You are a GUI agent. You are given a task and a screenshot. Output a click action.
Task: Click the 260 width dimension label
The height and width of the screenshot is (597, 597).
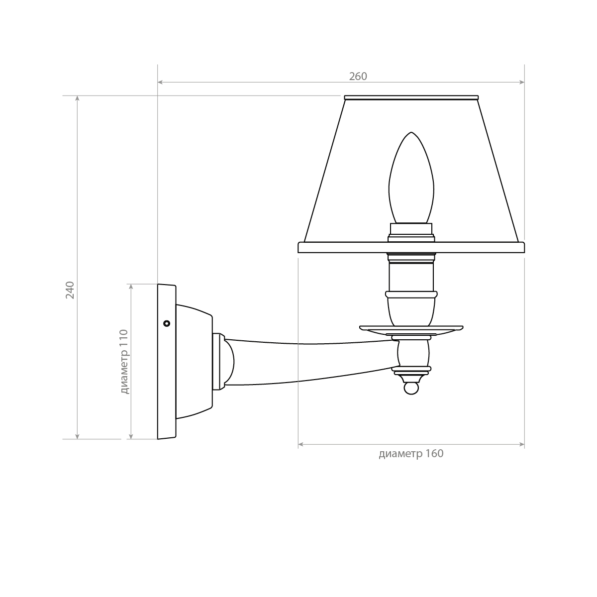pyautogui.click(x=358, y=76)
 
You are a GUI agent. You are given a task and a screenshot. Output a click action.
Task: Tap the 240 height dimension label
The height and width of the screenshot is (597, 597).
pyautogui.click(x=70, y=290)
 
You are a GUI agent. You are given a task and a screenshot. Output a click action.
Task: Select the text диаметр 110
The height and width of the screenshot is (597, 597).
pyautogui.click(x=124, y=362)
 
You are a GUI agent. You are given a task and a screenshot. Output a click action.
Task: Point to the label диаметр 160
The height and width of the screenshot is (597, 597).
pyautogui.click(x=411, y=454)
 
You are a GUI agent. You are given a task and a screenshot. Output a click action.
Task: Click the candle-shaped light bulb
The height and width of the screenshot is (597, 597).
pyautogui.click(x=411, y=178)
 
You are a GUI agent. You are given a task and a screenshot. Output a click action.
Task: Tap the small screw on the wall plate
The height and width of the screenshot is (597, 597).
pyautogui.click(x=167, y=323)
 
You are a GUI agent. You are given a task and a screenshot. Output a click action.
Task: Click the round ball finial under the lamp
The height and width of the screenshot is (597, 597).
pyautogui.click(x=411, y=389)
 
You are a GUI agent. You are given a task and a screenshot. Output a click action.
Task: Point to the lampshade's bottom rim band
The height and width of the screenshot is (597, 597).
pyautogui.click(x=411, y=248)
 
